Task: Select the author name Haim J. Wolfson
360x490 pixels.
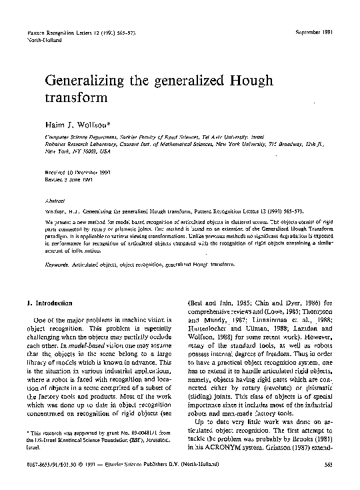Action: coord(77,125)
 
